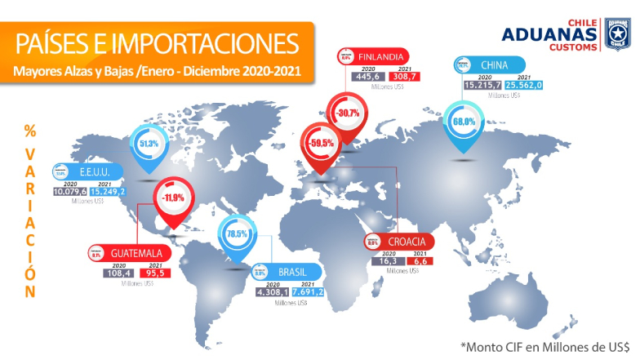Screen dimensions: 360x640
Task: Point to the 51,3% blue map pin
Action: [149, 144]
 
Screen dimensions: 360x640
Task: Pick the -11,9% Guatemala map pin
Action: [172, 198]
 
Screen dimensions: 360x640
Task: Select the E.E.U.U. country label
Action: [96, 172]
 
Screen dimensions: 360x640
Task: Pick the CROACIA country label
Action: [405, 242]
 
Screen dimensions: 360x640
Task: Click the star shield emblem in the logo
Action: [616, 36]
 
